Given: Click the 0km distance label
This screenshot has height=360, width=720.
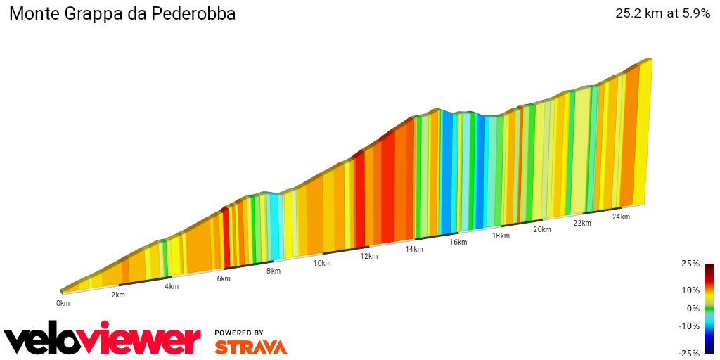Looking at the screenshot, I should (x=63, y=303).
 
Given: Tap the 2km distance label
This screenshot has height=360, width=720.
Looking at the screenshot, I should (x=118, y=295).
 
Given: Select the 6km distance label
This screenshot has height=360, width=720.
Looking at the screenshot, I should (x=224, y=278).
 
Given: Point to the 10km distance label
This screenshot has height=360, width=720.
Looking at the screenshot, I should (x=322, y=263).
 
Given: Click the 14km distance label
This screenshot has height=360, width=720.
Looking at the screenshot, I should (x=414, y=249).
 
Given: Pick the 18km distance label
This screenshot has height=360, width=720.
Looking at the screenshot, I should (x=501, y=236).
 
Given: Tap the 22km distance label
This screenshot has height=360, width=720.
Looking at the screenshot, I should (x=582, y=223).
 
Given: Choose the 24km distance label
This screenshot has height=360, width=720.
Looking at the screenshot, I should (x=621, y=217).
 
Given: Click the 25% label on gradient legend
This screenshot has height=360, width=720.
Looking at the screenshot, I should (x=690, y=264).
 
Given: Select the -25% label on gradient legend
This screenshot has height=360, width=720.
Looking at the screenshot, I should (x=688, y=354).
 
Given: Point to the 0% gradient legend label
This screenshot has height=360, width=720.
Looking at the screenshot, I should (x=693, y=308).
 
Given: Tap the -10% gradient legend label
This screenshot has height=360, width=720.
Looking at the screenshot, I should (x=688, y=326).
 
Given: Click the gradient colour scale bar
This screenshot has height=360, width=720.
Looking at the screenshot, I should (x=709, y=308).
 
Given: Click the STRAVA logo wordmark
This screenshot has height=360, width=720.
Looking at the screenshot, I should (x=250, y=347).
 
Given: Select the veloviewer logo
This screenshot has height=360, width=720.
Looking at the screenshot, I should (x=103, y=340).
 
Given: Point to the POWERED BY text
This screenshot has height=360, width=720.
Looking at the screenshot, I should (x=239, y=333).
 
